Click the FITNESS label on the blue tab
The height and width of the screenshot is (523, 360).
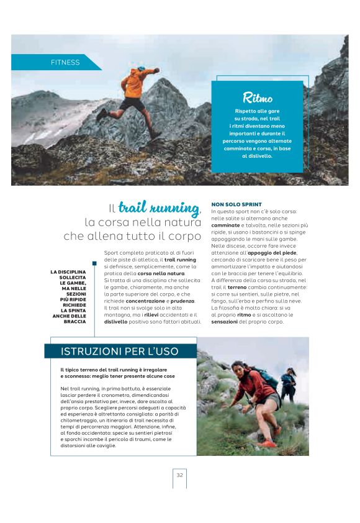click(x=65, y=62)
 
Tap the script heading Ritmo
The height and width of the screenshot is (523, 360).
click(x=258, y=98)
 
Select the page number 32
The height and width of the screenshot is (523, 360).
click(x=179, y=475)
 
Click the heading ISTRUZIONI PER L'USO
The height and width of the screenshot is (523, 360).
click(x=120, y=352)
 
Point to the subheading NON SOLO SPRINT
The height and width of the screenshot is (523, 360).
click(x=236, y=204)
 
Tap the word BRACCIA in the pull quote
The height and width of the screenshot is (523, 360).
click(x=75, y=322)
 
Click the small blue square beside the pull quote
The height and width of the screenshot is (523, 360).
click(x=94, y=263)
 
